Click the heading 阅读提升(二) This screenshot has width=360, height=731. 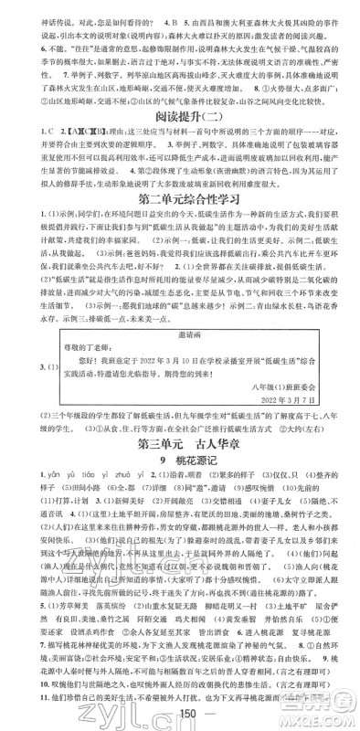179,116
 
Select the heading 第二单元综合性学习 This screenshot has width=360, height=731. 179,221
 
